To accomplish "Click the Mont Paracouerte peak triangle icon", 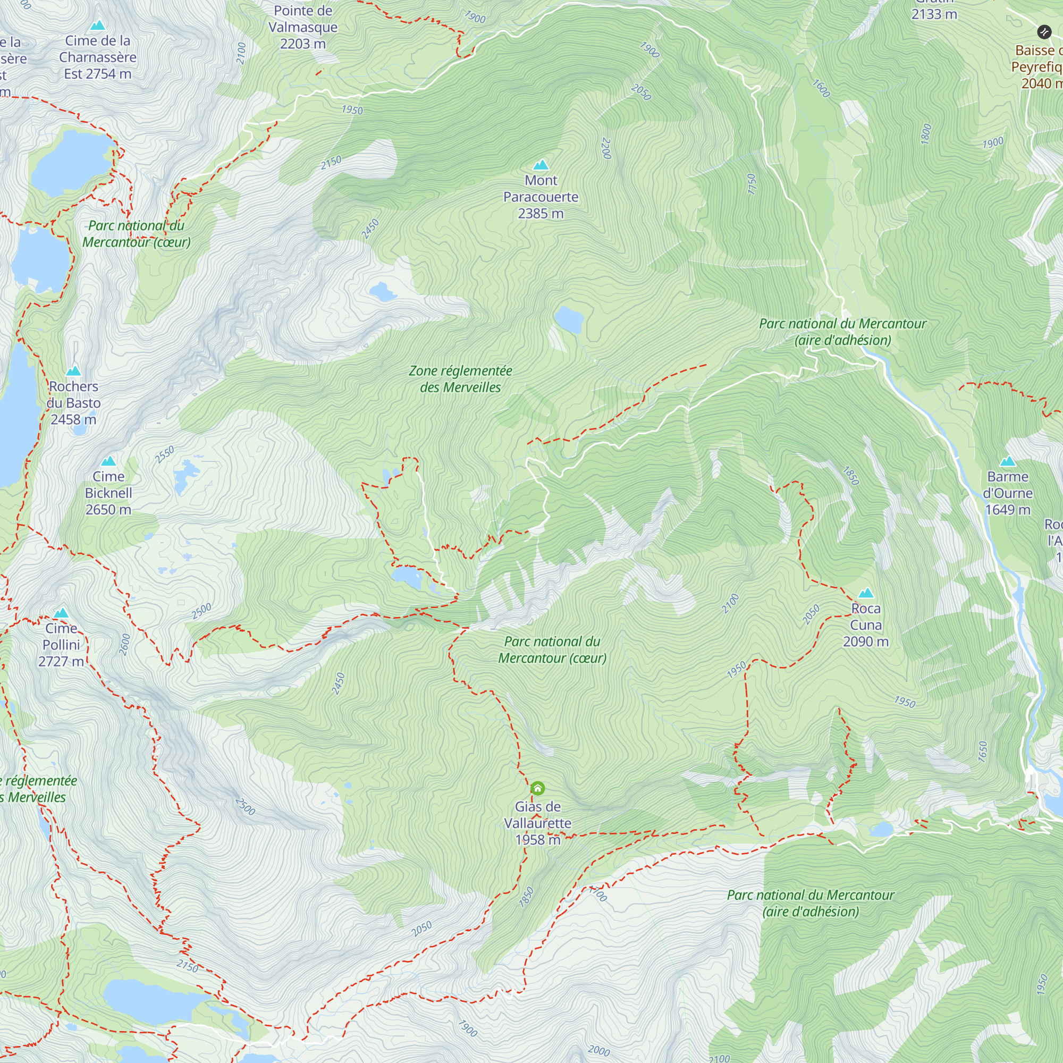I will (x=541, y=165).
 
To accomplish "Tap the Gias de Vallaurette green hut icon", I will (x=537, y=788).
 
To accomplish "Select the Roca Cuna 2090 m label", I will (x=865, y=625).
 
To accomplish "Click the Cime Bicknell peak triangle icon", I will (x=108, y=461).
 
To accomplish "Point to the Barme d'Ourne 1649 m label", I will (x=1007, y=493).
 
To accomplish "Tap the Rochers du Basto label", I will (x=73, y=403).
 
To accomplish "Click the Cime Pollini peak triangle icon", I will (x=61, y=613).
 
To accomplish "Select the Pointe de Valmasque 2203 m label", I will (x=302, y=27).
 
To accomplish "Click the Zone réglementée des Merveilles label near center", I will (x=460, y=379).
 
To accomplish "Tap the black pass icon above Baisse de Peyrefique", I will (x=1044, y=31).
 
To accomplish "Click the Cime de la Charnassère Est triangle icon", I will (x=97, y=26).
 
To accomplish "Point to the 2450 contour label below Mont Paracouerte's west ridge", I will (x=370, y=229).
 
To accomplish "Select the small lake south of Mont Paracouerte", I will (x=568, y=319).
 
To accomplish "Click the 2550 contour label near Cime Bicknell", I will (x=165, y=454).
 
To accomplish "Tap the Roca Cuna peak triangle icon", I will (x=865, y=593).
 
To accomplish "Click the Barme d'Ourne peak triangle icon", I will (x=1007, y=461).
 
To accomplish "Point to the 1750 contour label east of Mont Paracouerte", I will (x=752, y=183).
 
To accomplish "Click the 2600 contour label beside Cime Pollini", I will (x=125, y=644).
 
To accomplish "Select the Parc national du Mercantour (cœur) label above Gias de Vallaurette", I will (x=552, y=650).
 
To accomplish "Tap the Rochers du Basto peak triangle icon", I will (x=73, y=371).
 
